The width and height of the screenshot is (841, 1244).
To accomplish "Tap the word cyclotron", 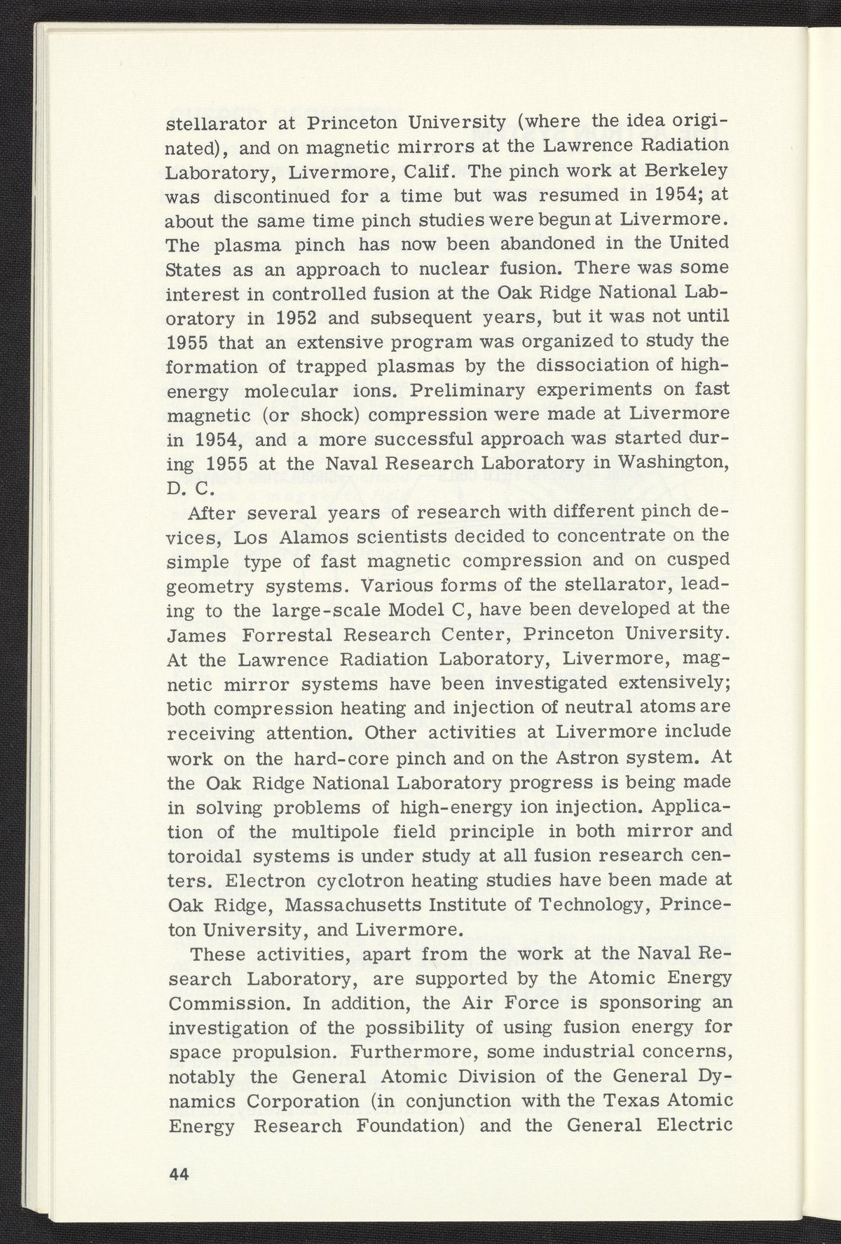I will pos(371,880).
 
